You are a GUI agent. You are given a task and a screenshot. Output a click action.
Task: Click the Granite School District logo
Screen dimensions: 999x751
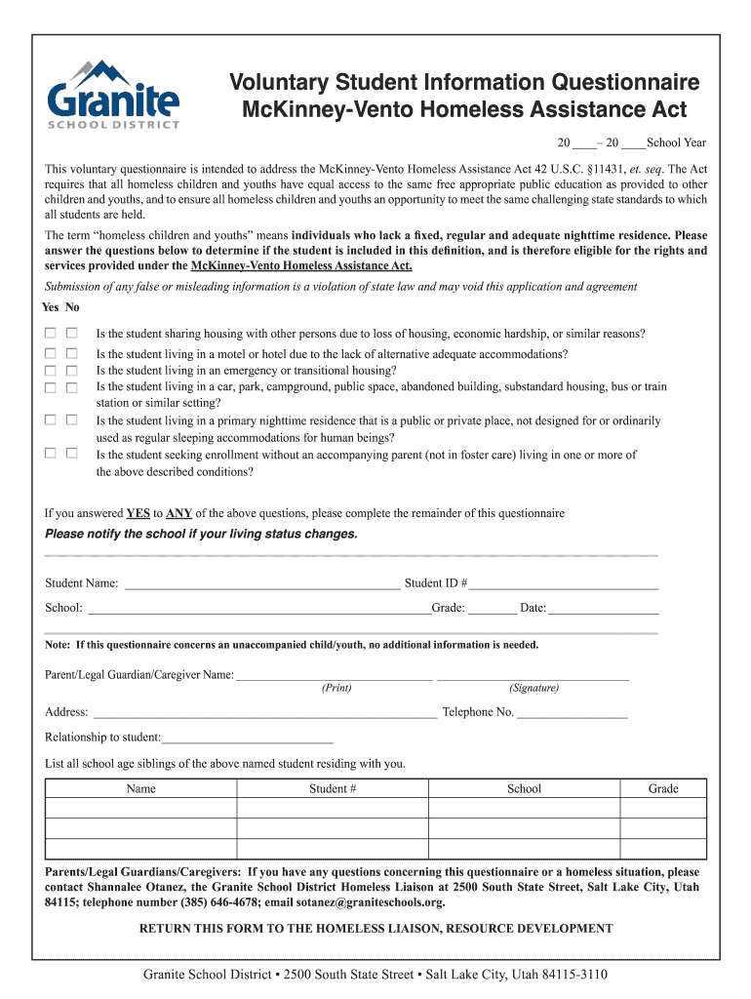(x=113, y=95)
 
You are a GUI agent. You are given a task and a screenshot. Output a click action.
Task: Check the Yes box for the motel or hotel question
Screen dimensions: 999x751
(x=50, y=354)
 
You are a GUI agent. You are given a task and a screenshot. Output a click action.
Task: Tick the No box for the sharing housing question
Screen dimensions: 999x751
(x=71, y=333)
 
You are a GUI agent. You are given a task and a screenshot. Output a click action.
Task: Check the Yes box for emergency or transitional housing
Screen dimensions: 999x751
(x=50, y=371)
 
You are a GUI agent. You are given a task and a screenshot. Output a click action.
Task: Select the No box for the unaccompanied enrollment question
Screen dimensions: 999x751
(x=71, y=453)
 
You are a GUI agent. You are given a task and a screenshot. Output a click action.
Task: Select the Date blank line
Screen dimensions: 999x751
(x=604, y=610)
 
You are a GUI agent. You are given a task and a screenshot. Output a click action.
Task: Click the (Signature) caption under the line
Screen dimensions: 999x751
(x=534, y=688)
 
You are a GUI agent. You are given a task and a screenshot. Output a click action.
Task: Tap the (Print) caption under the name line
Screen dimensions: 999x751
(x=336, y=688)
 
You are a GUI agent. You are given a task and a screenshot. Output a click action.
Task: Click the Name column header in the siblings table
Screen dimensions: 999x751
(x=141, y=788)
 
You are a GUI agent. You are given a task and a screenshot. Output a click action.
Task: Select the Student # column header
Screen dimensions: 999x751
(x=333, y=788)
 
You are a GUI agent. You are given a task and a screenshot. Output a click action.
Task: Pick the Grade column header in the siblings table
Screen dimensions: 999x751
(x=663, y=788)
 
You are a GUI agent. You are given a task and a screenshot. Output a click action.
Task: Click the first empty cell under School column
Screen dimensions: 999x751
(x=524, y=809)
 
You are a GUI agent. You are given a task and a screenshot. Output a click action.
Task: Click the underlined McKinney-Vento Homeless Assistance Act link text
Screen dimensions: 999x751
(x=301, y=265)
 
